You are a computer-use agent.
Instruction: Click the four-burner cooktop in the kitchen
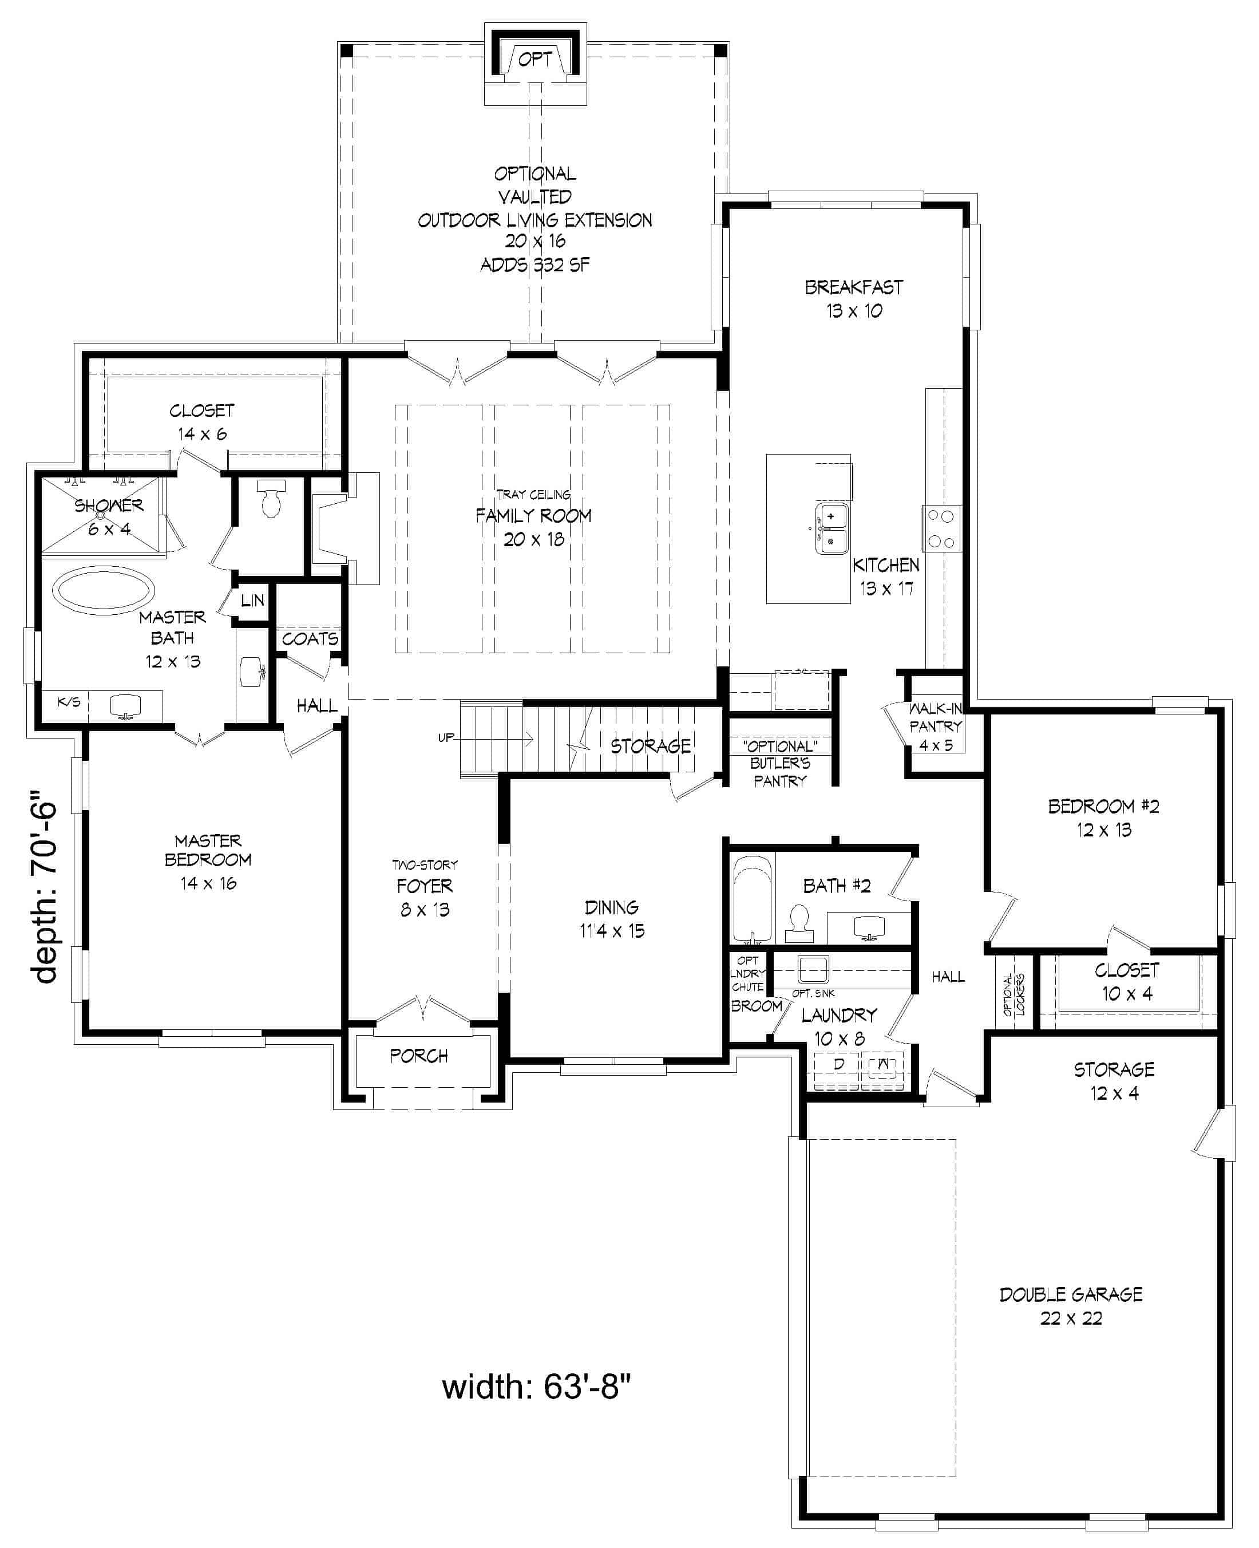pyautogui.click(x=941, y=528)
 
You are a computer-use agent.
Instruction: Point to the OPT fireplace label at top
pyautogui.click(x=535, y=60)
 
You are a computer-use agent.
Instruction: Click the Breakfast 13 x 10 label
pyautogui.click(x=854, y=299)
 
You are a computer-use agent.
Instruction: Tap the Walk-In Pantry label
pyautogui.click(x=936, y=726)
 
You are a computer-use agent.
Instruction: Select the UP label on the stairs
pyautogui.click(x=446, y=738)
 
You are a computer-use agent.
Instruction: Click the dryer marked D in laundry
pyautogui.click(x=838, y=1065)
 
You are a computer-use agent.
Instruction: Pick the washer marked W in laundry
pyautogui.click(x=882, y=1065)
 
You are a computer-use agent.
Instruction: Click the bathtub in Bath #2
pyautogui.click(x=751, y=900)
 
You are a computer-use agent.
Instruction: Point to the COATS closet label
pyautogui.click(x=310, y=639)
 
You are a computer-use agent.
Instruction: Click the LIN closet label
pyautogui.click(x=252, y=601)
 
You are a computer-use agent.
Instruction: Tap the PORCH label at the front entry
pyautogui.click(x=418, y=1056)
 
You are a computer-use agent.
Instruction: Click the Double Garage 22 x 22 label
pyautogui.click(x=1071, y=1306)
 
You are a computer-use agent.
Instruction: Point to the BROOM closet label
pyautogui.click(x=756, y=1006)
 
